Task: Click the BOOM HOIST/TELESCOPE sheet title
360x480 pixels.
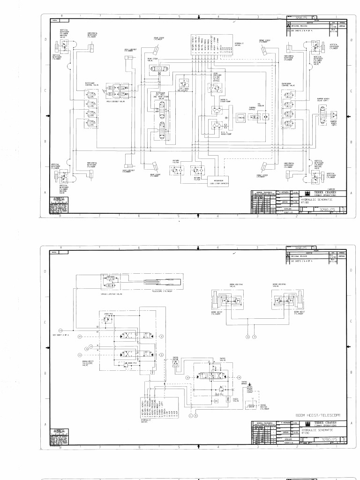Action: (318, 415)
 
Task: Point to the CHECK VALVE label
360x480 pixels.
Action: (236, 400)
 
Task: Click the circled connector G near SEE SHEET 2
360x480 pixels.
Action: (60, 331)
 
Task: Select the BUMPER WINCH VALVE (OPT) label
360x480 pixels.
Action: (323, 99)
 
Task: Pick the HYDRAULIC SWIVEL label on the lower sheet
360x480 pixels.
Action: (146, 420)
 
